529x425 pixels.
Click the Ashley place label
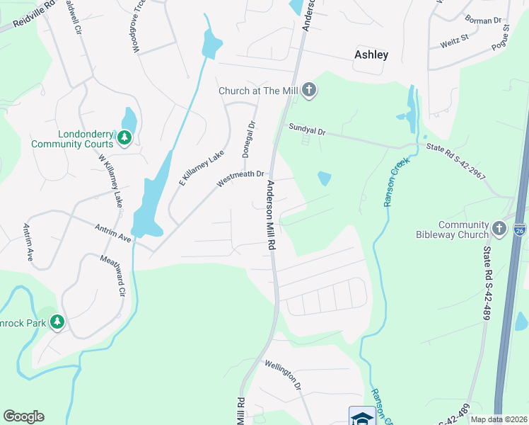click(x=371, y=55)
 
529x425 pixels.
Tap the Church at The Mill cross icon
click(x=309, y=90)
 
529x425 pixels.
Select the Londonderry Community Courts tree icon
click(x=124, y=137)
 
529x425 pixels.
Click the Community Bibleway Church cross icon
click(x=499, y=228)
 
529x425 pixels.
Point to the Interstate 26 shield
click(x=520, y=229)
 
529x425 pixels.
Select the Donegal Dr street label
click(x=248, y=139)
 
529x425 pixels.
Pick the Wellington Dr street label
click(x=284, y=375)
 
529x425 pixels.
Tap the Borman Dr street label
click(x=483, y=21)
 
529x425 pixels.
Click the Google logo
click(x=23, y=416)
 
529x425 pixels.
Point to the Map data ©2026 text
click(x=498, y=419)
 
